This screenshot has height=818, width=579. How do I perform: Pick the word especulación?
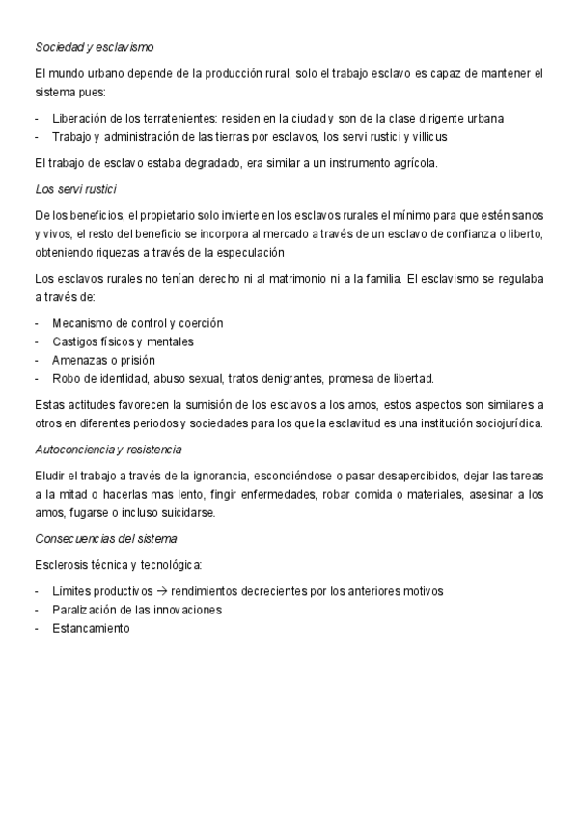click(x=247, y=253)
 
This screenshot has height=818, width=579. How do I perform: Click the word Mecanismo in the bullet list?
click(x=83, y=322)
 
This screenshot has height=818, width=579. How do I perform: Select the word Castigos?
click(x=75, y=341)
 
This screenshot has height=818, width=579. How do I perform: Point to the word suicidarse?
click(x=186, y=512)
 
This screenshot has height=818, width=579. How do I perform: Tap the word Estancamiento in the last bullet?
click(x=90, y=628)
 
